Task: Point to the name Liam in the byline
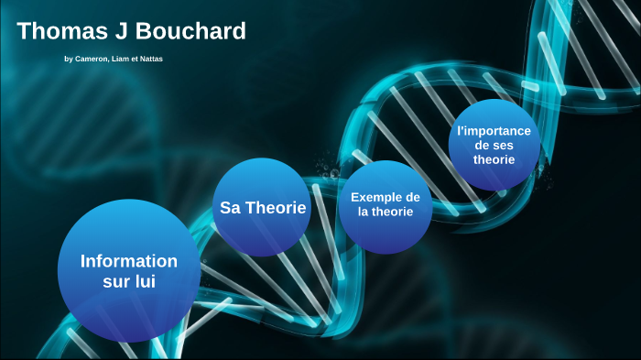tap(126, 60)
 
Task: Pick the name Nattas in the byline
tap(152, 60)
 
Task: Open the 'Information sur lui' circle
tap(129, 271)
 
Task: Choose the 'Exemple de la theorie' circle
tap(385, 206)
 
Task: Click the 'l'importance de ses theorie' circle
tap(494, 145)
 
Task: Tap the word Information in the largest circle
tap(129, 261)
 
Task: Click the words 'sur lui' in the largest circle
tap(129, 282)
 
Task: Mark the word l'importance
tap(494, 131)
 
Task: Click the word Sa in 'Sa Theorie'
tap(229, 208)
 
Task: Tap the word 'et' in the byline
tap(139, 60)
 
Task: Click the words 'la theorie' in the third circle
tap(385, 213)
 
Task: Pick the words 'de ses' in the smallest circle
tap(494, 145)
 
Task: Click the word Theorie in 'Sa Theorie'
tap(274, 208)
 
